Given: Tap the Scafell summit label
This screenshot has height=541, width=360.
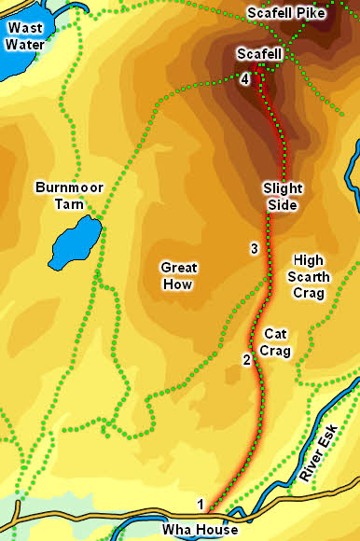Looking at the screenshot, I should point(259,55).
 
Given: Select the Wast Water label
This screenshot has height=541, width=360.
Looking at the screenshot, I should point(25,35).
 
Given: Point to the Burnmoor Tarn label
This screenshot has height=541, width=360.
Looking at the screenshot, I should point(68,195).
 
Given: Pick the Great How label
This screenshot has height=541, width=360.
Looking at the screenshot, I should point(178,274).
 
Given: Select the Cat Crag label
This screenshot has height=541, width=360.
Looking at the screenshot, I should point(277,342).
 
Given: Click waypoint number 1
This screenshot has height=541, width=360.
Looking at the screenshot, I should point(200,505).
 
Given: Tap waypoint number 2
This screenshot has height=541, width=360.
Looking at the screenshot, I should point(246,360).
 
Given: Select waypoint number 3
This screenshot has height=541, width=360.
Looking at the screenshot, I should point(254,248).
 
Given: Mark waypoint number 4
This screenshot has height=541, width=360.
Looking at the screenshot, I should point(244,80).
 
